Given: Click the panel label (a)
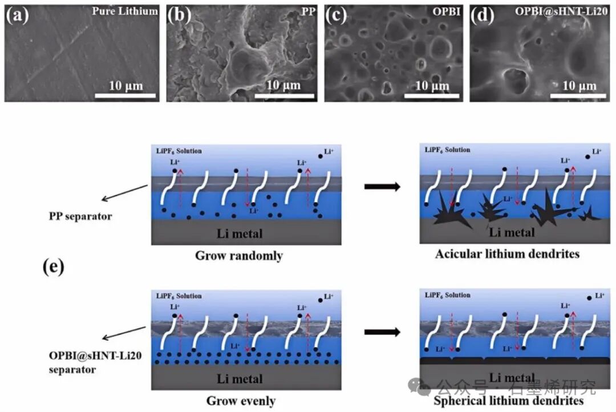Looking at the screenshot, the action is pyautogui.click(x=17, y=15).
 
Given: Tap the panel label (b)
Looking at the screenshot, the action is pyautogui.click(x=179, y=15).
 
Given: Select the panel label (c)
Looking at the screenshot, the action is pyautogui.click(x=336, y=15).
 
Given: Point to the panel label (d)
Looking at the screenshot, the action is pyautogui.click(x=482, y=15).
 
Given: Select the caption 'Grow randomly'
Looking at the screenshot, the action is pyautogui.click(x=239, y=256).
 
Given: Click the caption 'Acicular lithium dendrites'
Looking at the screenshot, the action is pyautogui.click(x=506, y=253).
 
